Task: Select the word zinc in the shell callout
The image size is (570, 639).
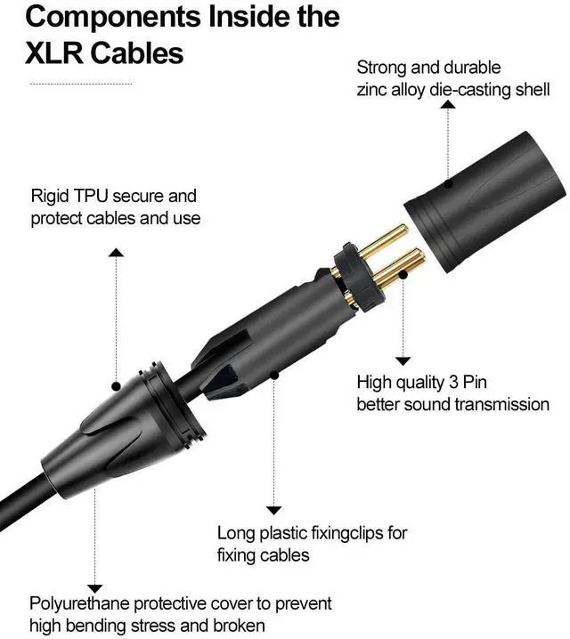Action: pyautogui.click(x=373, y=90)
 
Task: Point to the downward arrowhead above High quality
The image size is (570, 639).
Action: pyautogui.click(x=403, y=361)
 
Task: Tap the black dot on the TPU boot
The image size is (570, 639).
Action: pyautogui.click(x=116, y=386)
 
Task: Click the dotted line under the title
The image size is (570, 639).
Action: pyautogui.click(x=81, y=85)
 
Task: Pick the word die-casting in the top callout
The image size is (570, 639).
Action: pyautogui.click(x=473, y=90)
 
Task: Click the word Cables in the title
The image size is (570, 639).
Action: pyautogui.click(x=141, y=53)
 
